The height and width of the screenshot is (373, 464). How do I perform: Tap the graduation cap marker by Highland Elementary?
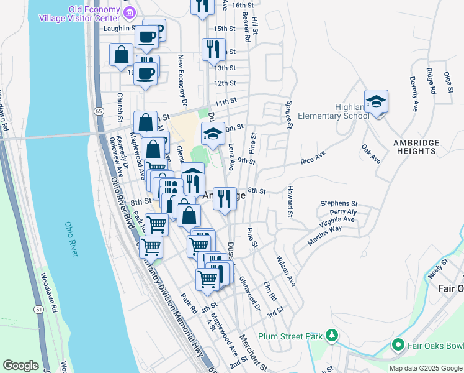pyautogui.click(x=376, y=102)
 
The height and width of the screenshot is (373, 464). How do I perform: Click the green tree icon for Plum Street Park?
pyautogui.click(x=332, y=336)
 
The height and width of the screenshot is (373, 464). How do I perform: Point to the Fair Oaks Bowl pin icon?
pyautogui.click(x=398, y=344)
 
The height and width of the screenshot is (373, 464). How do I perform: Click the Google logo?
pyautogui.click(x=20, y=366)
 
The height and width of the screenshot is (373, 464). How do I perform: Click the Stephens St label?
pyautogui.click(x=339, y=203)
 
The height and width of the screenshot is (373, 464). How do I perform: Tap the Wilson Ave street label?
pyautogui.click(x=286, y=271)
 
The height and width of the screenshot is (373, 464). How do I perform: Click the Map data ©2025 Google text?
pyautogui.click(x=425, y=368)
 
